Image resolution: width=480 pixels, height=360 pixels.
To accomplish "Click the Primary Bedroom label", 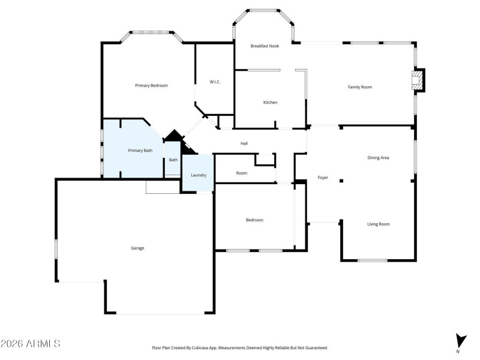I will [151, 86].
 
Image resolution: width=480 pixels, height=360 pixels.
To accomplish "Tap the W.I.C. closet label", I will [215, 82].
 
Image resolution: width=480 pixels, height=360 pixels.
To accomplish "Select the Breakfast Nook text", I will [265, 46].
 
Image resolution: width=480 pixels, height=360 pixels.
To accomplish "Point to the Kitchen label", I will [270, 103].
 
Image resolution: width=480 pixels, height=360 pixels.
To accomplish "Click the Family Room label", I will [360, 87].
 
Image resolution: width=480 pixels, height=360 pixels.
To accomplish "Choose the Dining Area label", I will [378, 158].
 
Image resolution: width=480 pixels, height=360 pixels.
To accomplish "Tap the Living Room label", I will [378, 224].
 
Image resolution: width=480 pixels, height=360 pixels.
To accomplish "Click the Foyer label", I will [323, 178].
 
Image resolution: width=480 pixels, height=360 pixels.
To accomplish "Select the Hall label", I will [244, 144].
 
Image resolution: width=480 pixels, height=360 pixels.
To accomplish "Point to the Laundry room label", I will [199, 175].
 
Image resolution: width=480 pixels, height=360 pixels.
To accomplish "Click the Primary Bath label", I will [140, 151].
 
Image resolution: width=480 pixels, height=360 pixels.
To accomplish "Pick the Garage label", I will [137, 248].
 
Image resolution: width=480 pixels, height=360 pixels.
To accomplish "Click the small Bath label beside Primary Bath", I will [173, 160].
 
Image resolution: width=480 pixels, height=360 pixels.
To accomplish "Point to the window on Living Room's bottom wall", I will [372, 260].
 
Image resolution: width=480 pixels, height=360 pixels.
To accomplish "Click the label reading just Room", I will [241, 173].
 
